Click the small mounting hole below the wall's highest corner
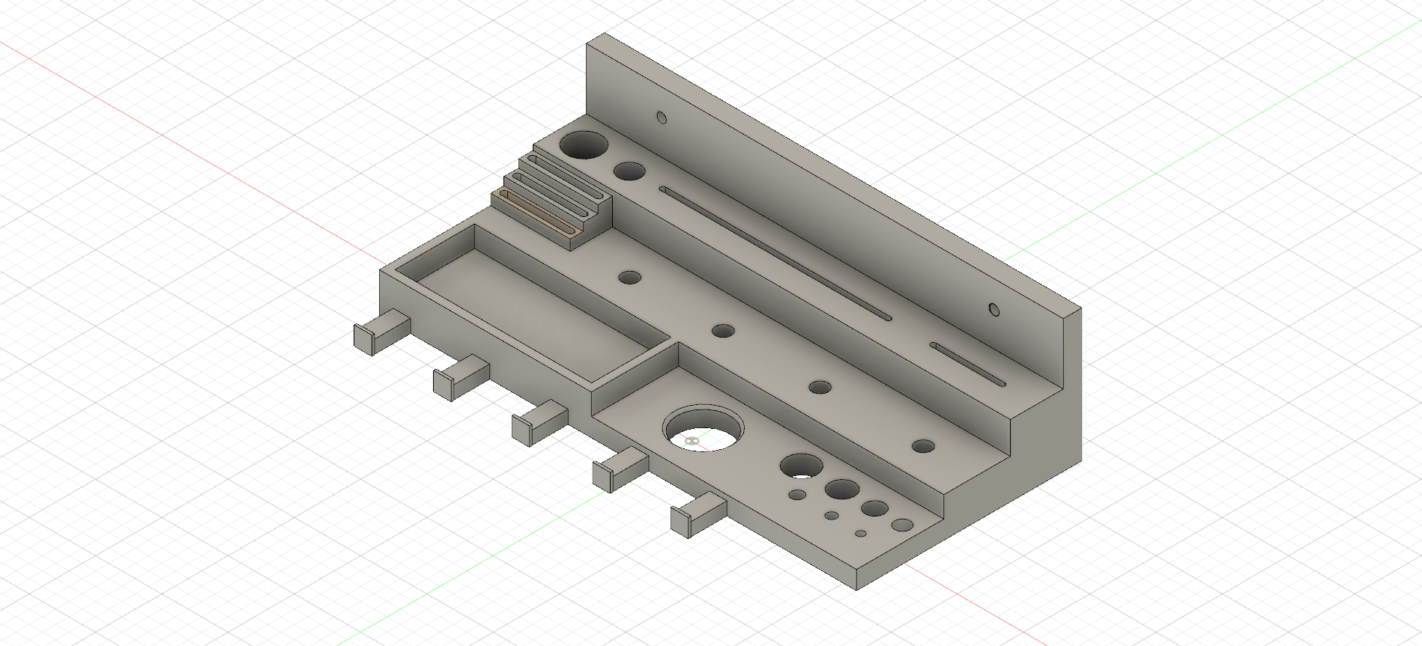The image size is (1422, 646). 662,118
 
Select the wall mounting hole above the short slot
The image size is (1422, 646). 994,309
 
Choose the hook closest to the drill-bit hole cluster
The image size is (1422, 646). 697,516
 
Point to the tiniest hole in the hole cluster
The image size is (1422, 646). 861,534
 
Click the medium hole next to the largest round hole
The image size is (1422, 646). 629,171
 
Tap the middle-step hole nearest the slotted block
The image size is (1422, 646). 630,278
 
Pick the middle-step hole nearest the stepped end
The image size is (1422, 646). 923,446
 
